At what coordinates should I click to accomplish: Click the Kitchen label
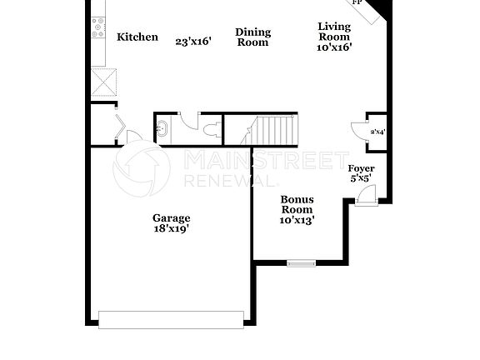pyautogui.click(x=137, y=37)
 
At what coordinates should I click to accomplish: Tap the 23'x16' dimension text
pyautogui.click(x=192, y=40)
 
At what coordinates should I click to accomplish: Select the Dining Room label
pyautogui.click(x=252, y=37)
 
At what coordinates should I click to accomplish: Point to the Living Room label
pyautogui.click(x=334, y=32)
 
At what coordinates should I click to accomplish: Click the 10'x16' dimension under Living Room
pyautogui.click(x=334, y=47)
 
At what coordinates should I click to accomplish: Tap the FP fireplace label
pyautogui.click(x=357, y=3)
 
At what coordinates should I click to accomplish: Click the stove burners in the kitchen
pyautogui.click(x=99, y=28)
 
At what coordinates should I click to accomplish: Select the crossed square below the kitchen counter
pyautogui.click(x=103, y=82)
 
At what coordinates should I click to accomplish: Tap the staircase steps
pyautogui.click(x=275, y=129)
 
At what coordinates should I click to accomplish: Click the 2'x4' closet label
pyautogui.click(x=377, y=131)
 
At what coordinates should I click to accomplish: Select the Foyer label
pyautogui.click(x=361, y=168)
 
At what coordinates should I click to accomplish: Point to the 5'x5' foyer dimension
pyautogui.click(x=361, y=178)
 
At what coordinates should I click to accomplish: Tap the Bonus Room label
pyautogui.click(x=297, y=205)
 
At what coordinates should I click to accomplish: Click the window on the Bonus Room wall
pyautogui.click(x=301, y=263)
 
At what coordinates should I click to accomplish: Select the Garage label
pyautogui.click(x=171, y=218)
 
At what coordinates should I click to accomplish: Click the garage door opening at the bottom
pyautogui.click(x=171, y=319)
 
